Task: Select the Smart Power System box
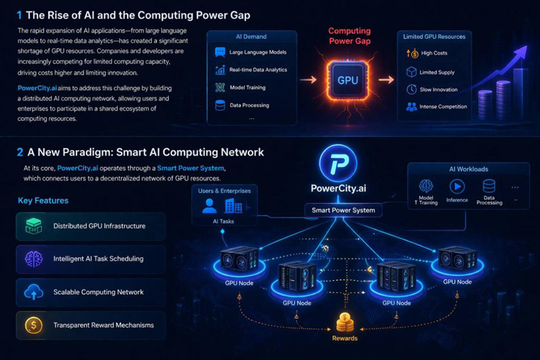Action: (343, 211)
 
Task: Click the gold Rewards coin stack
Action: (344, 322)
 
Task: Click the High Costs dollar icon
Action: (413, 53)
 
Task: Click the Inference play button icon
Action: (457, 185)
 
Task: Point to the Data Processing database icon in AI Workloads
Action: (490, 185)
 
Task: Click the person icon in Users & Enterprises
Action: (210, 206)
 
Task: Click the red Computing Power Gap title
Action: (350, 37)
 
